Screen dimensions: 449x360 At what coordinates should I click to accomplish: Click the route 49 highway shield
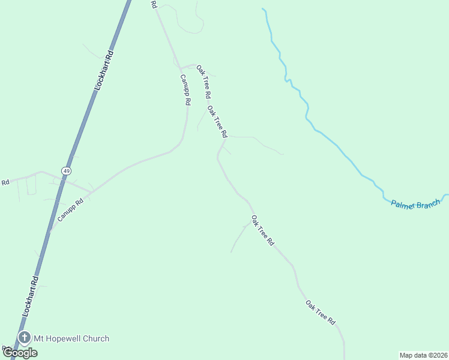(x=64, y=170)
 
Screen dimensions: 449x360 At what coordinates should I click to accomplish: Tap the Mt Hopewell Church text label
(x=71, y=338)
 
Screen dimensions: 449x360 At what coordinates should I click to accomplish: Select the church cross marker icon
(x=25, y=338)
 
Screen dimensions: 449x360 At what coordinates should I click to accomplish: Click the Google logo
(x=20, y=353)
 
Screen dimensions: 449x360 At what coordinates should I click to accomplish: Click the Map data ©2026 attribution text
(x=423, y=355)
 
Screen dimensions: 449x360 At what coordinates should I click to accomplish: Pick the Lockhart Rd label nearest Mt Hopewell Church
(x=31, y=296)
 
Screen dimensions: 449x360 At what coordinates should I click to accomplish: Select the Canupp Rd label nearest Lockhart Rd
(x=70, y=208)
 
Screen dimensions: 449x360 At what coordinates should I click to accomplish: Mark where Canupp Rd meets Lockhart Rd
(x=56, y=220)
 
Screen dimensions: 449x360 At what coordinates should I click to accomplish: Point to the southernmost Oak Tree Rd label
(x=320, y=313)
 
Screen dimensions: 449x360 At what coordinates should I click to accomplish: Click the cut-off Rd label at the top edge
(x=154, y=4)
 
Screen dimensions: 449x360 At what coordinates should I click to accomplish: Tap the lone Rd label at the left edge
(x=5, y=182)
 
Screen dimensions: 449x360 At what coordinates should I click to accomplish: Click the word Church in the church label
(x=95, y=338)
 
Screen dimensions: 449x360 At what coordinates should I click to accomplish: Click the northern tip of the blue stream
(x=263, y=9)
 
